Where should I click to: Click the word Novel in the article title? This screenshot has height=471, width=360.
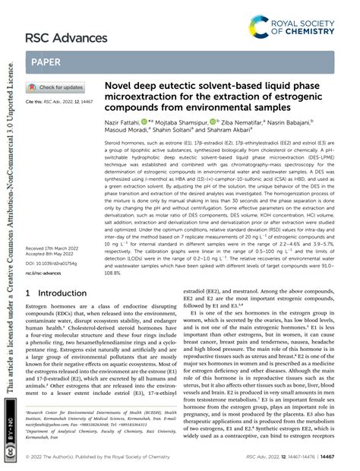[118, 88]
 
